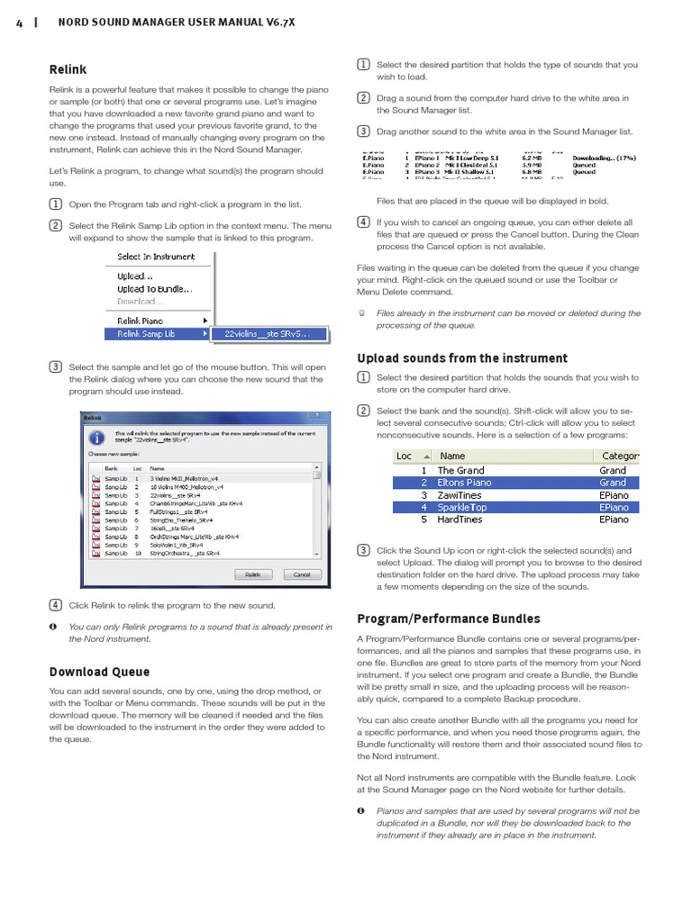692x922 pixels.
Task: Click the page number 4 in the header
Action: click(x=19, y=24)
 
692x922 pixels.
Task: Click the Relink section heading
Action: click(x=68, y=69)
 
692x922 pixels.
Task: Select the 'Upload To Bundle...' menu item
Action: click(x=154, y=289)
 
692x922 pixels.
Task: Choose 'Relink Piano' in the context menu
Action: click(x=141, y=320)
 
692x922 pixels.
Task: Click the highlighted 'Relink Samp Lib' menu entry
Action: click(x=146, y=333)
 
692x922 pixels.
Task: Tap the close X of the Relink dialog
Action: click(x=314, y=417)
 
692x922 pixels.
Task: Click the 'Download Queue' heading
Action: click(x=99, y=672)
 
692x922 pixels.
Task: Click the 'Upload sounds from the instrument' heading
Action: click(x=462, y=358)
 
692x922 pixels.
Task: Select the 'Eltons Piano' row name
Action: click(x=465, y=483)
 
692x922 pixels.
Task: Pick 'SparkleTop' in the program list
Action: click(x=462, y=507)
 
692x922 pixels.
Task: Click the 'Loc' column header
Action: click(x=405, y=456)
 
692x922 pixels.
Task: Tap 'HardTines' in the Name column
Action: click(x=460, y=520)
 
